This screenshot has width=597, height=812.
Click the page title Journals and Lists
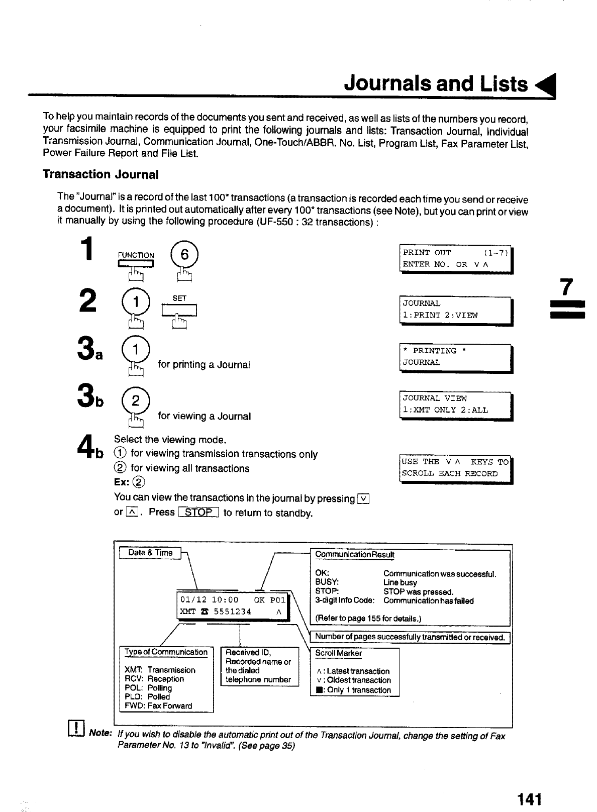pyautogui.click(x=436, y=83)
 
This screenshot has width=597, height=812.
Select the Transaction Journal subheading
pyautogui.click(x=101, y=174)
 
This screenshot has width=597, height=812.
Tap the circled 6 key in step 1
pyautogui.click(x=184, y=255)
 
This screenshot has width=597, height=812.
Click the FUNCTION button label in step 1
pyautogui.click(x=136, y=255)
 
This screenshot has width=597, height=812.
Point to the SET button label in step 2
pyautogui.click(x=179, y=298)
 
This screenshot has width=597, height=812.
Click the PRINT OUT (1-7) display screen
pyautogui.click(x=456, y=258)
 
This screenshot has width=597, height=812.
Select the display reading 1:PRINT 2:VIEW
pyautogui.click(x=456, y=310)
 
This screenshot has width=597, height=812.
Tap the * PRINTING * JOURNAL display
pyautogui.click(x=456, y=357)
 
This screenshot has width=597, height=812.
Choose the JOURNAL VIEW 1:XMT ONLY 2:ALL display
pyautogui.click(x=456, y=404)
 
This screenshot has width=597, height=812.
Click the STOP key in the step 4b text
pyautogui.click(x=199, y=513)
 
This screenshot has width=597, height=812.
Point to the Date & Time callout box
pyautogui.click(x=150, y=553)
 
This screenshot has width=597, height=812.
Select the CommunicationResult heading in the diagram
pyautogui.click(x=354, y=555)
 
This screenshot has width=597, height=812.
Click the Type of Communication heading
pyautogui.click(x=166, y=652)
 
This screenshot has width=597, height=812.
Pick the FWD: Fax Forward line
pyautogui.click(x=158, y=706)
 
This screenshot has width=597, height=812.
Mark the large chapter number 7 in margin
pyautogui.click(x=566, y=287)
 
